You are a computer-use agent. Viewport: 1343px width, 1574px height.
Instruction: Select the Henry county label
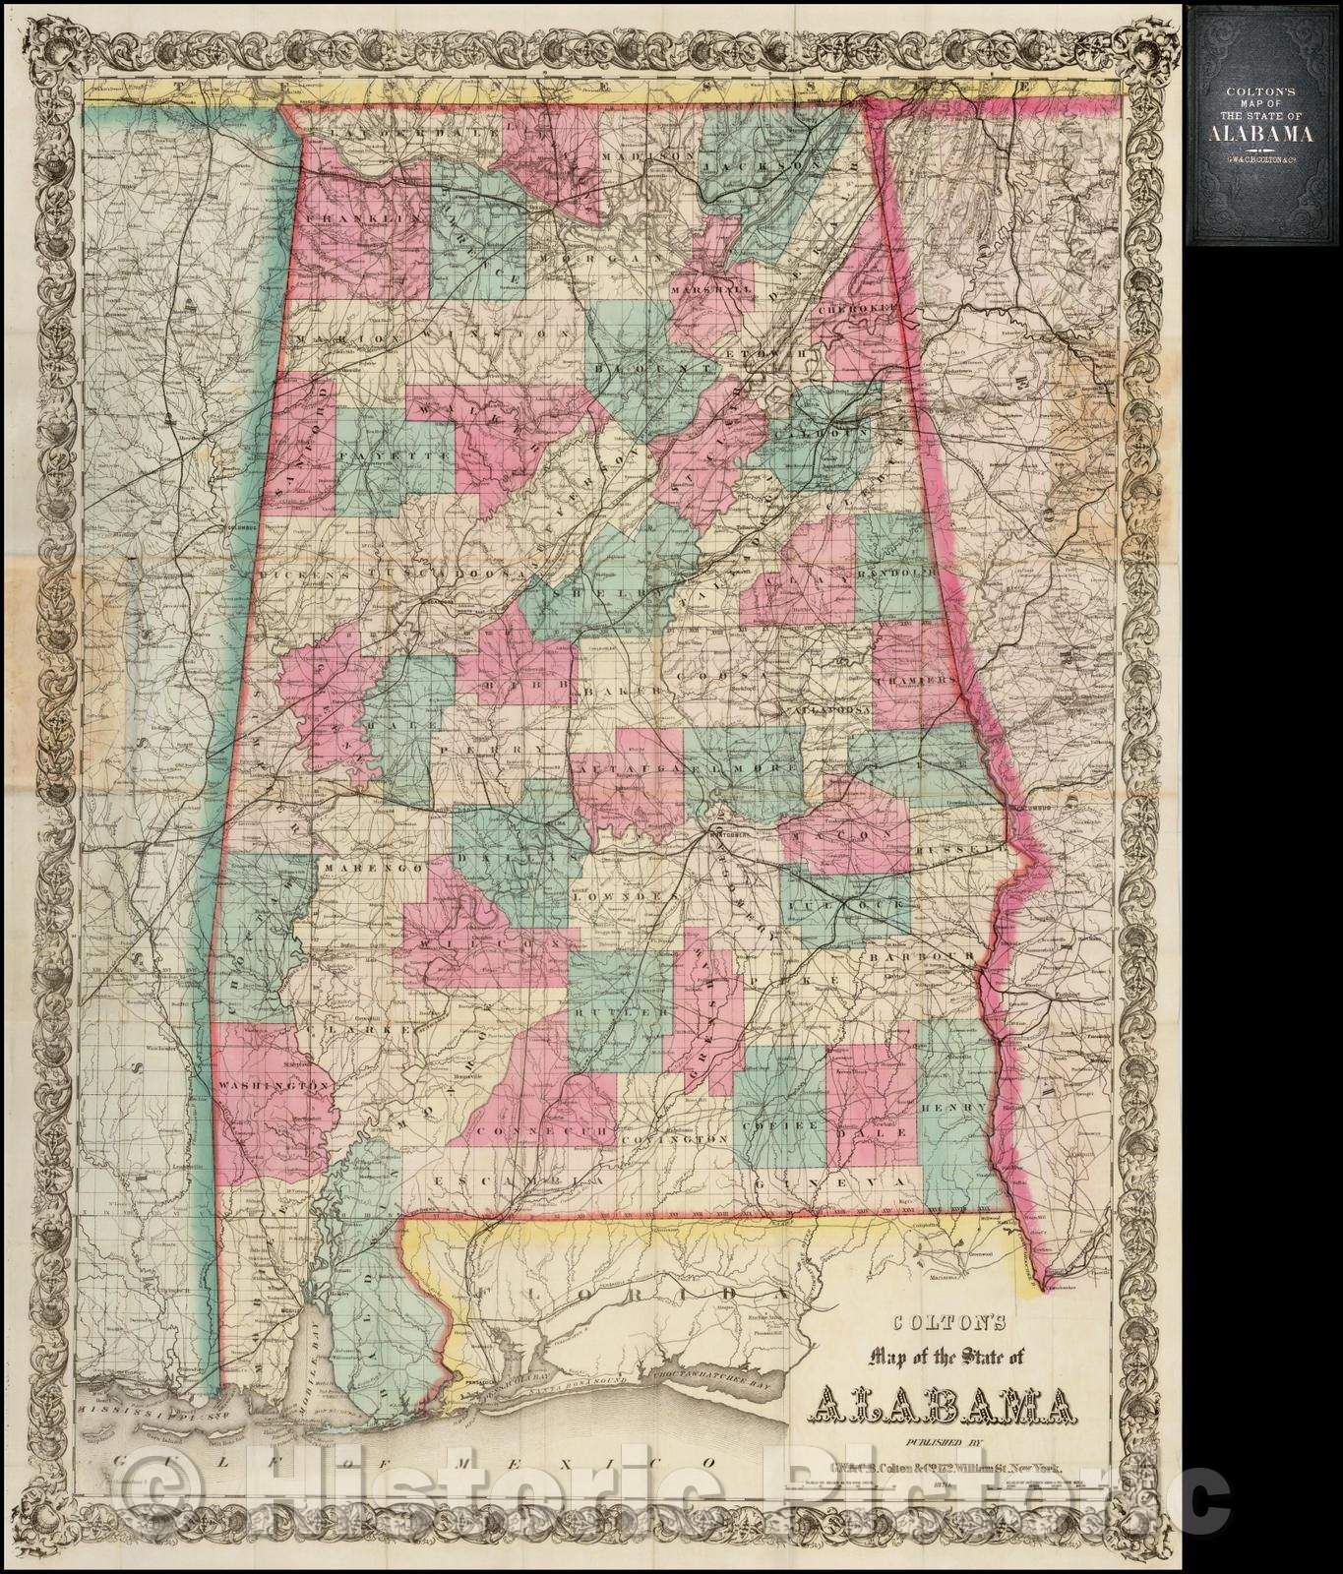coord(952,1107)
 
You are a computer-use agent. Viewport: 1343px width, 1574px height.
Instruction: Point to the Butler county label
coord(615,1012)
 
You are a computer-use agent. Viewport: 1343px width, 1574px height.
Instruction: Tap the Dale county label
coord(867,1132)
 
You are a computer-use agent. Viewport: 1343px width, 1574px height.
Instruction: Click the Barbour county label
coord(920,956)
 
